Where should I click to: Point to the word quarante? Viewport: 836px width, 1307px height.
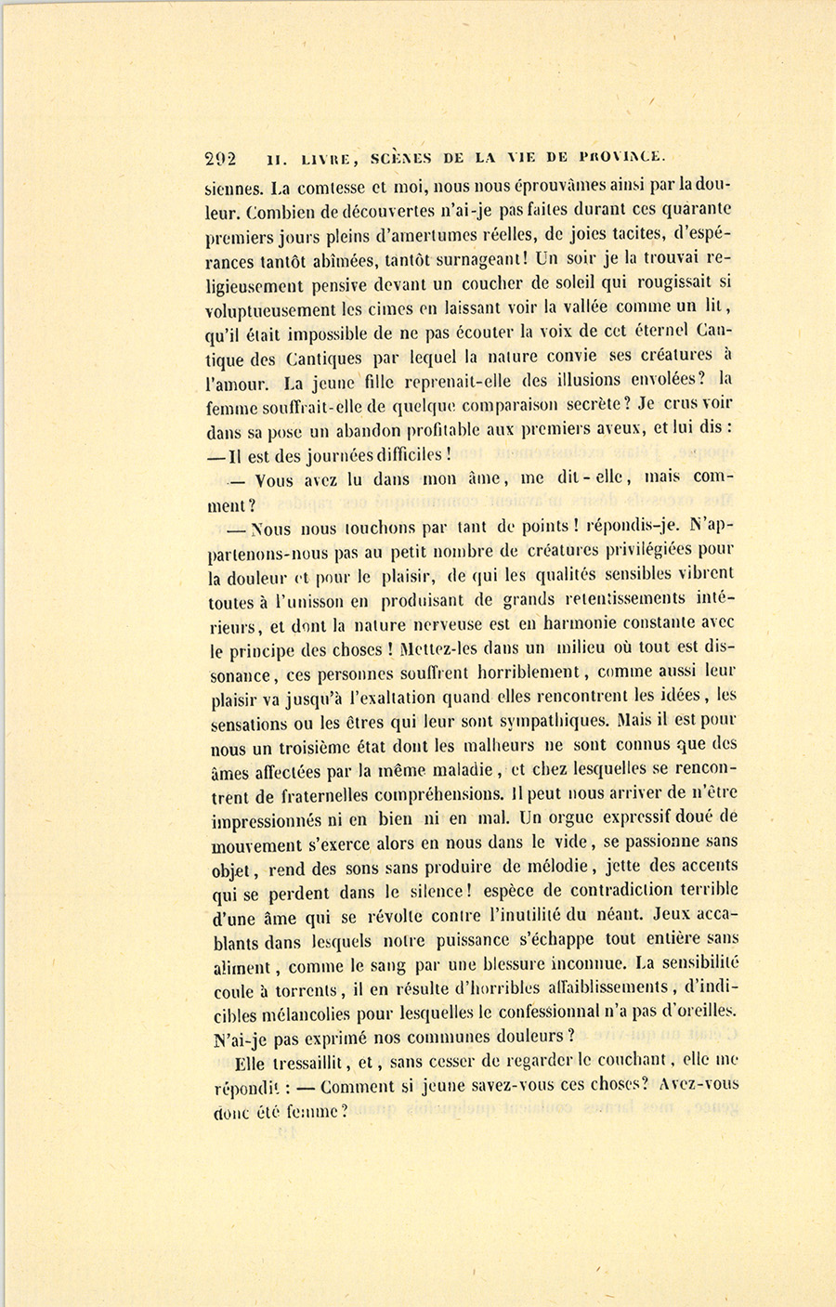pos(695,209)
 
